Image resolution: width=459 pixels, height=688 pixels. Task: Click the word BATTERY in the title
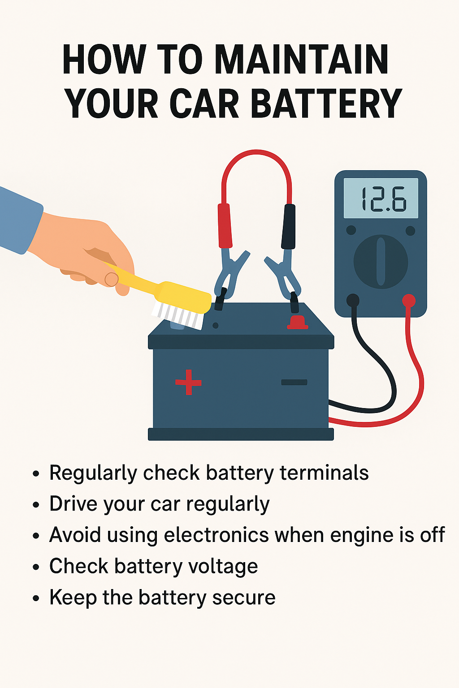pos(326,103)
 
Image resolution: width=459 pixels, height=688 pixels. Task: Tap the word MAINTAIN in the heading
pos(302,60)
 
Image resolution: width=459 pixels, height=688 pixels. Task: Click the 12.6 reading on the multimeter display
pos(383,199)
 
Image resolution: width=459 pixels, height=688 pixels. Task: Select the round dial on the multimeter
pos(381,262)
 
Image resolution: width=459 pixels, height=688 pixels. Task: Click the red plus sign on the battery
pos(188,382)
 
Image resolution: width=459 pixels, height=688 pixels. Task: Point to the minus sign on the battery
pos(294,382)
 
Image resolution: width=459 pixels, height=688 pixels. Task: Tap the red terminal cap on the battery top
pos(297,322)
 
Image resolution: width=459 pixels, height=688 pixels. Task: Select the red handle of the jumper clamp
pos(225,225)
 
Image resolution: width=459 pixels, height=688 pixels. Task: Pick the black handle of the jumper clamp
pos(288,226)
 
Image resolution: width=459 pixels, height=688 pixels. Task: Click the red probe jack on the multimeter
pos(408,300)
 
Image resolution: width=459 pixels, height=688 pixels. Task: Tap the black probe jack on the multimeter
pos(353,300)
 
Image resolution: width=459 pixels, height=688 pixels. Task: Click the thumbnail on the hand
pos(111,279)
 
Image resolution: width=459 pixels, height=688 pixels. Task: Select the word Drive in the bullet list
pos(74,504)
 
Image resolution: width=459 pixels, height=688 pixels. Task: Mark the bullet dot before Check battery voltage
pos(36,567)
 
